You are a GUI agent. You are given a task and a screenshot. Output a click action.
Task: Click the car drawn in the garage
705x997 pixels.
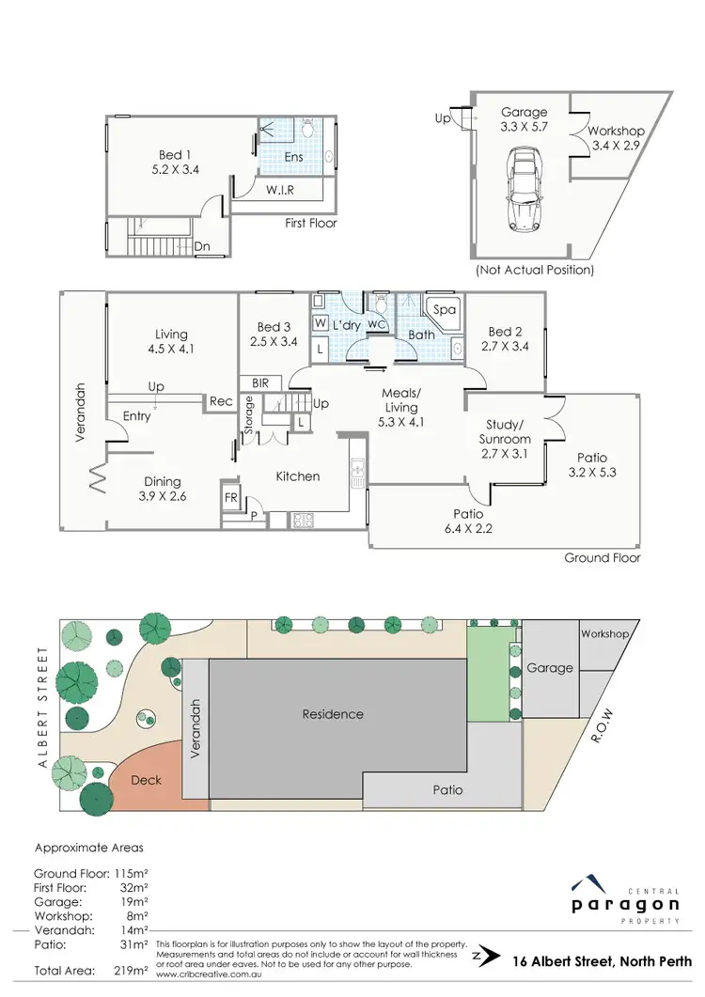coord(524,193)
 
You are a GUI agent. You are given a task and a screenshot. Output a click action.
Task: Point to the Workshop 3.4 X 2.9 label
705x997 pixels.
coord(616,138)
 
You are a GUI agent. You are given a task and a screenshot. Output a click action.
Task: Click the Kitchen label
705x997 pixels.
coord(297,476)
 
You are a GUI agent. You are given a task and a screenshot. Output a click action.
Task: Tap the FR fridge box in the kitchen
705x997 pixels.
coord(230,494)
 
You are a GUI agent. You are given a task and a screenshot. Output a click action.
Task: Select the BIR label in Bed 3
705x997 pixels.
coord(260,383)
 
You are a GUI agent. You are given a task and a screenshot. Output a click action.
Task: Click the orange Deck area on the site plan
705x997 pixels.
coord(147,780)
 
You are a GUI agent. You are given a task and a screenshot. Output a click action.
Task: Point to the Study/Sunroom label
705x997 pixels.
coord(505,431)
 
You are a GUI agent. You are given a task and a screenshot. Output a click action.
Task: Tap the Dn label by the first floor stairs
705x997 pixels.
coord(201,247)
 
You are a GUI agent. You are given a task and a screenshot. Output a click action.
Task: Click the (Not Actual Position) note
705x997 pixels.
coord(535,270)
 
